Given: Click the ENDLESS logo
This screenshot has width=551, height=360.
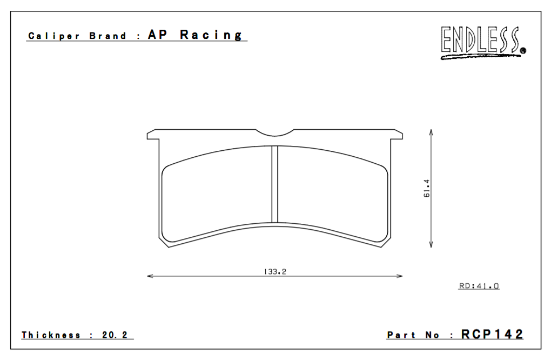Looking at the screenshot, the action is pos(483,43).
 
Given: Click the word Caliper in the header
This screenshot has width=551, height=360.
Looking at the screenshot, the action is pos(54,36).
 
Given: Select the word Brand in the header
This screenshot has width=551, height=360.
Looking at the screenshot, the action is pos(107,36).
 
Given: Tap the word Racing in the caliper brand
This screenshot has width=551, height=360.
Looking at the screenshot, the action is pos(211,35).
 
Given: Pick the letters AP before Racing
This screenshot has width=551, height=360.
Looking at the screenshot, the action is pos(157,35).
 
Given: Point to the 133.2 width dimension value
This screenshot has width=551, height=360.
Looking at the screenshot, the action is pos(275,271).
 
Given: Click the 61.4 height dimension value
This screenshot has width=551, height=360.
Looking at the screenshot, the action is pos(427,188).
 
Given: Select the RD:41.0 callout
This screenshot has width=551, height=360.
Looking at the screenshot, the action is pos(479,286).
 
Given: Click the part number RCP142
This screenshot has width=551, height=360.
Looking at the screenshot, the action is pos(492,334).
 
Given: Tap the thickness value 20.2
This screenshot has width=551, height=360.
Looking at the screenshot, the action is pos(115,335).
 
